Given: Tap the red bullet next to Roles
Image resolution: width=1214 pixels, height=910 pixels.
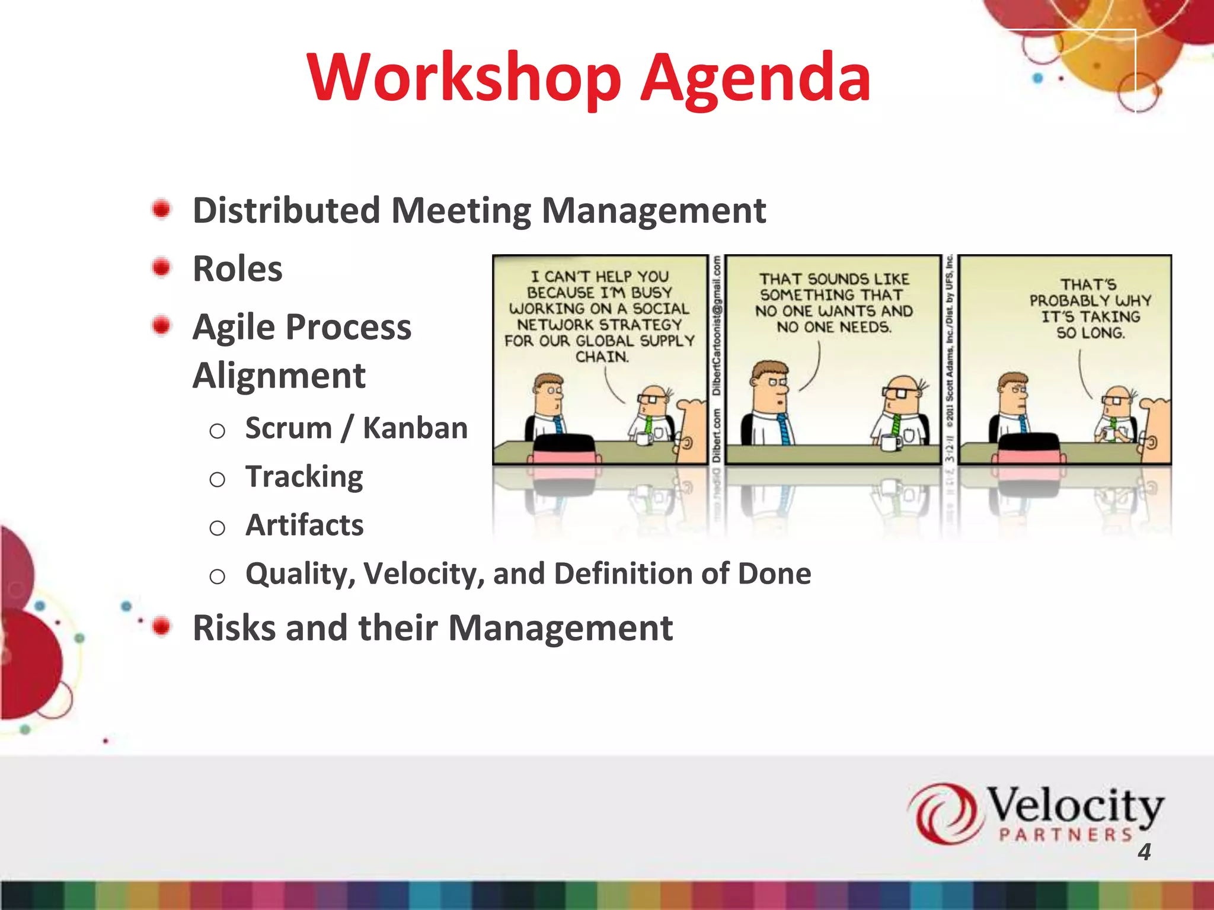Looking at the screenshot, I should coord(161,267).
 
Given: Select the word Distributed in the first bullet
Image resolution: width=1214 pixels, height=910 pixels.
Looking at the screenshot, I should coord(286,210).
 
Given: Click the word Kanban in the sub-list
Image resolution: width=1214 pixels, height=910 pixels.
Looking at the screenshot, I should coord(415,428).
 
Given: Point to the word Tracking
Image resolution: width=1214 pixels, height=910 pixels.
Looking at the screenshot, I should coord(304,477).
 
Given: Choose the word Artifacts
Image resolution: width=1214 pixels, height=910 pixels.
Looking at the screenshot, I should coord(304,525).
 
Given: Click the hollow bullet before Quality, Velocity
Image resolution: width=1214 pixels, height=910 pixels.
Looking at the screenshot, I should coord(217,576).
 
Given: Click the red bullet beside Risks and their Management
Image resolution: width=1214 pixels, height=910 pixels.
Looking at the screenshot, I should coord(161,626).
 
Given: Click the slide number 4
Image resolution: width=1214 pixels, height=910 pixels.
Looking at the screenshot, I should coord(1144,852).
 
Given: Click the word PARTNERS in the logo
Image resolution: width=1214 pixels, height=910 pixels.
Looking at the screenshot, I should coord(1065,835).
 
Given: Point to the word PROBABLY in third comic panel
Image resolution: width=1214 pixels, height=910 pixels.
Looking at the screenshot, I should coord(1059,301).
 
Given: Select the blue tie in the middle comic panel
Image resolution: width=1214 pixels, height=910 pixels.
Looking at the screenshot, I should coord(784,430).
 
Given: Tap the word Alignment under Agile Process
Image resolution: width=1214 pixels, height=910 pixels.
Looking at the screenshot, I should coord(279,376).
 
